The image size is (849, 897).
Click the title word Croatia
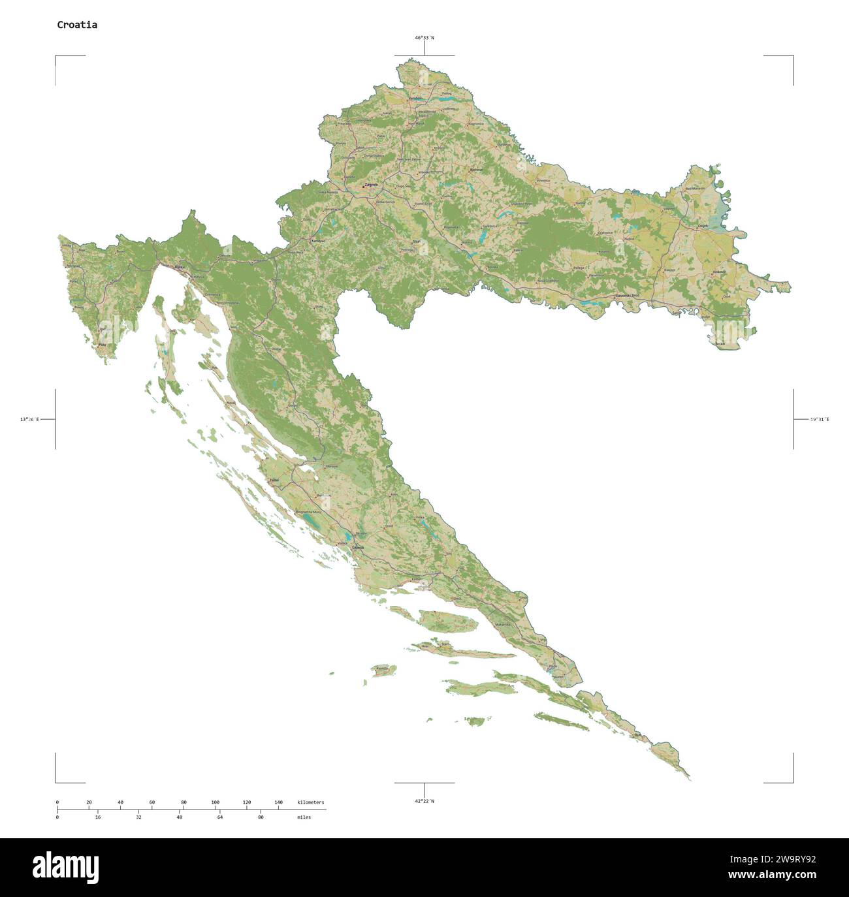(77, 25)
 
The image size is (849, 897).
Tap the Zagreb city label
(371, 185)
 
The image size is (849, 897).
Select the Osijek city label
(703, 226)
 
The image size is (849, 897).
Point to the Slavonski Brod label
(627, 296)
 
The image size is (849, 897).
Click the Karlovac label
(318, 241)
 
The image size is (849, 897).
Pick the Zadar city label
(274, 480)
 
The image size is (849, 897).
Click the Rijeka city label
(180, 267)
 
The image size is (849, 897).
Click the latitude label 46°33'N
(424, 38)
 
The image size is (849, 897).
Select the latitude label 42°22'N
(424, 801)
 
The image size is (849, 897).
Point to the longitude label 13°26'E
(29, 419)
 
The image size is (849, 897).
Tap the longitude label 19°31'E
(819, 419)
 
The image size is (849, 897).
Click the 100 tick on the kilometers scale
(215, 802)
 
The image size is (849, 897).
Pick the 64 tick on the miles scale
(220, 817)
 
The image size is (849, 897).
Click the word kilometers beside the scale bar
(310, 802)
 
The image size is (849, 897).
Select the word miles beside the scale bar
(304, 817)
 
